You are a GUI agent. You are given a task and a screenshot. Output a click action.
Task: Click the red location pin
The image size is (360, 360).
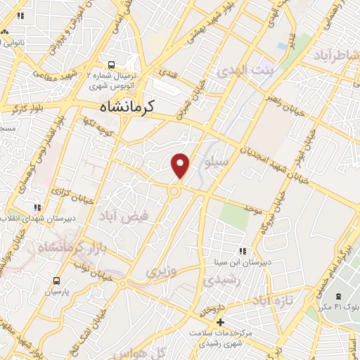tap(181, 166)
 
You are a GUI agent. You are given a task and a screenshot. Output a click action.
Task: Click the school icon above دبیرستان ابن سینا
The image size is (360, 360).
tap(243, 251)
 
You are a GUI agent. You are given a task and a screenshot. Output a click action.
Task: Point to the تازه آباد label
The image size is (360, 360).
tap(271, 302)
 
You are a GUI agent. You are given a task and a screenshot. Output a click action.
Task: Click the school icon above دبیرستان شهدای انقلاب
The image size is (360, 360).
tap(37, 207)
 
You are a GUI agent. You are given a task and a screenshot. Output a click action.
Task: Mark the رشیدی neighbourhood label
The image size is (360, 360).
tap(223, 281)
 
